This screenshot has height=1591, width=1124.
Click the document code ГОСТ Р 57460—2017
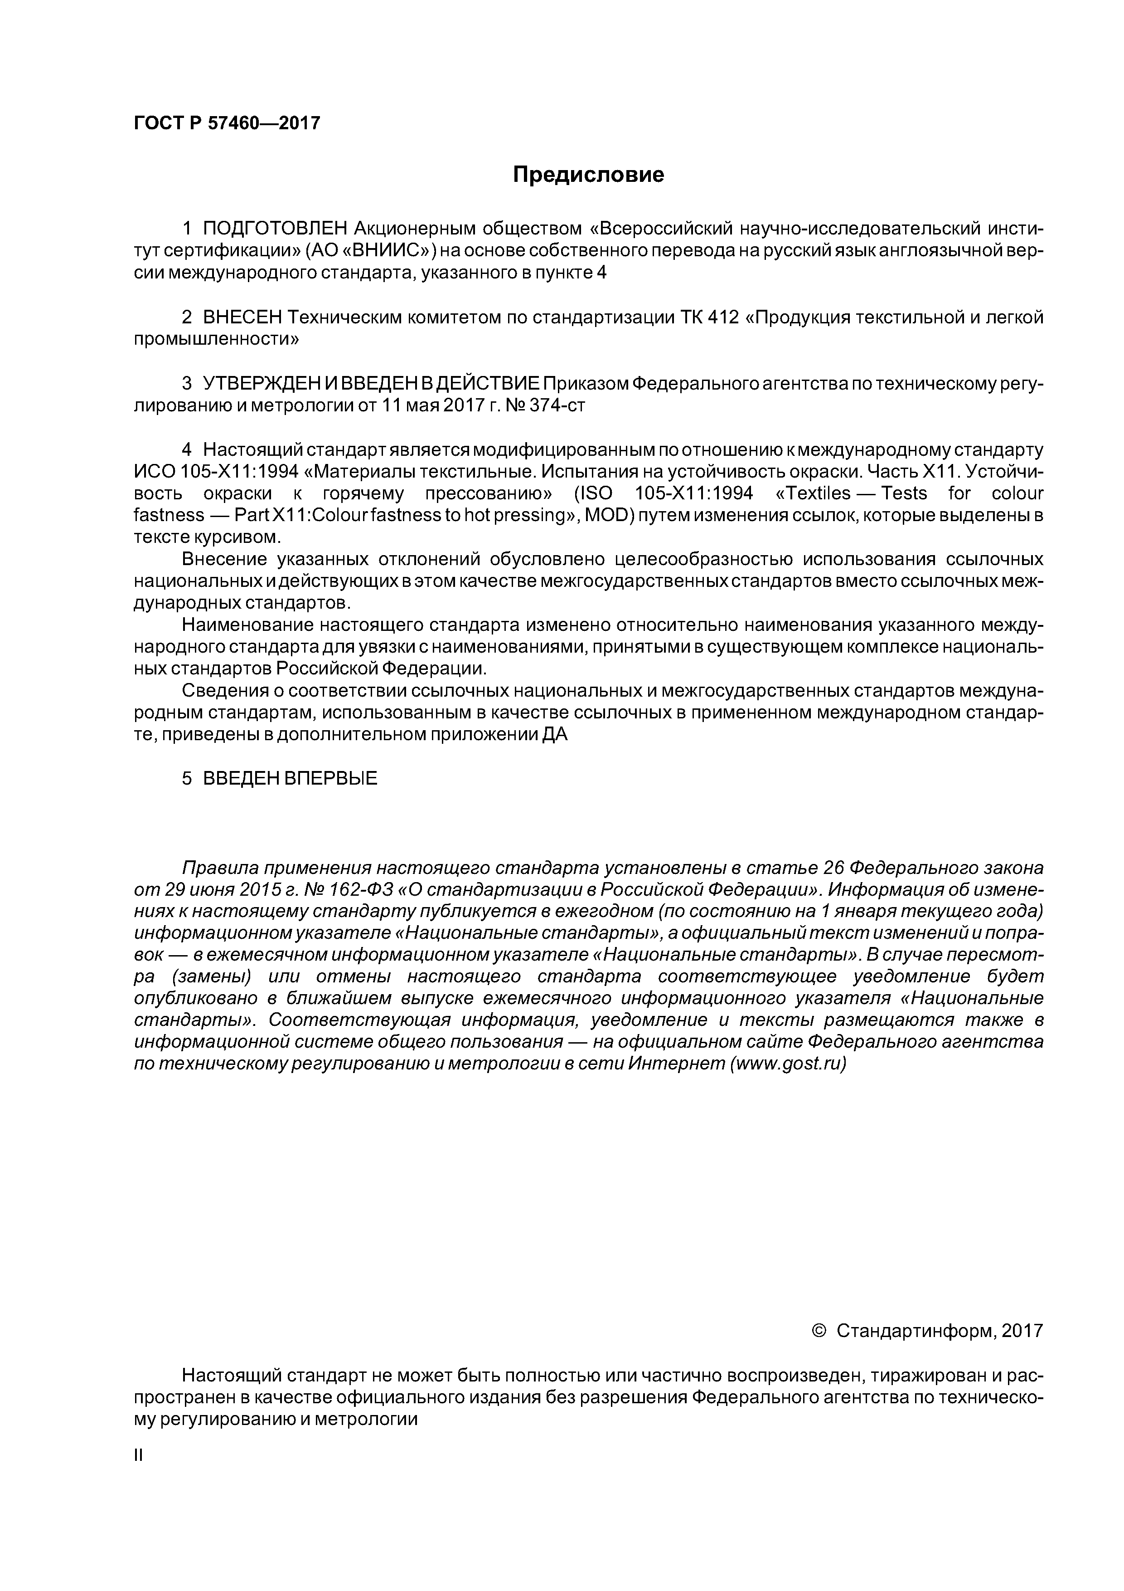click(227, 123)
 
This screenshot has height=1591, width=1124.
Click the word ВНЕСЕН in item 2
click(242, 317)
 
